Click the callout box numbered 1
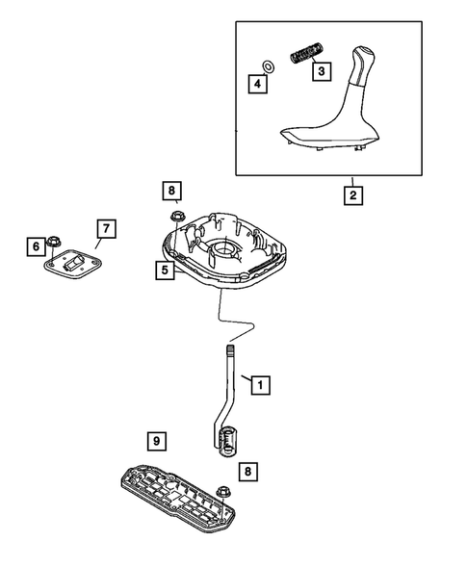(x=258, y=385)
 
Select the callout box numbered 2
(x=353, y=195)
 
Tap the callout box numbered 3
(x=322, y=70)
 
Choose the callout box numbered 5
(x=166, y=271)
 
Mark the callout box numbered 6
(x=35, y=247)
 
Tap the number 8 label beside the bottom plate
(x=250, y=472)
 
